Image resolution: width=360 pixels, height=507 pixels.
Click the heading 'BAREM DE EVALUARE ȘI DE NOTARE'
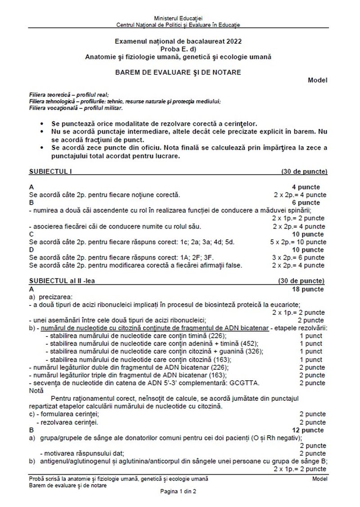pyautogui.click(x=178, y=72)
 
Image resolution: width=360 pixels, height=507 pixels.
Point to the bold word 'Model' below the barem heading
pyautogui.click(x=317, y=80)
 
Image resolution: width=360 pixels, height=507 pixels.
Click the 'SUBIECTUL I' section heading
pyautogui.click(x=50, y=171)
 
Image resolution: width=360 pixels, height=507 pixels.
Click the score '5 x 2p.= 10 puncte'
pyautogui.click(x=298, y=242)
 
